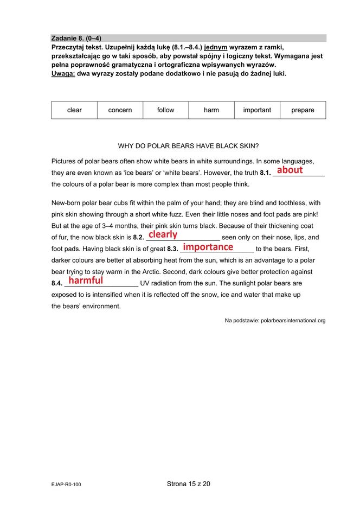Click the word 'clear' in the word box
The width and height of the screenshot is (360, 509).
[x=74, y=110]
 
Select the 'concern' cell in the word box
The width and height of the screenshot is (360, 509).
[x=120, y=110]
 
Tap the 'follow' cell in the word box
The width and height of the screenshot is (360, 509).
[x=165, y=110]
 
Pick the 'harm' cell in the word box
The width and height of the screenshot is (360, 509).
[x=211, y=110]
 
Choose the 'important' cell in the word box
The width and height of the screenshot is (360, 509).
[x=257, y=110]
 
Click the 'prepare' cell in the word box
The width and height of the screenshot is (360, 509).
[x=303, y=110]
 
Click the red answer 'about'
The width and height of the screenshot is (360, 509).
[x=290, y=170]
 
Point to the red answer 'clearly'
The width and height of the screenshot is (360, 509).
[x=163, y=234]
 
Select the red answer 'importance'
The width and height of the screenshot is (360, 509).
[x=208, y=247]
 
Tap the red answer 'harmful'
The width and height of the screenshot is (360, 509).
[x=86, y=281]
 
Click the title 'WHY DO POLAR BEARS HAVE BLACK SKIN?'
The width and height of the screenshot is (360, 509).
[x=188, y=146]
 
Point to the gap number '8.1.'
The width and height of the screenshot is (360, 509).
[x=265, y=173]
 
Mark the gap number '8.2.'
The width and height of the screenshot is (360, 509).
[x=138, y=238]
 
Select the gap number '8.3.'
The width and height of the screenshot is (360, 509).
[x=172, y=249]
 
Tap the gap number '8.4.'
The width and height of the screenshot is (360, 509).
[x=57, y=283]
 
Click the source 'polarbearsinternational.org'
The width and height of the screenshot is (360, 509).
[x=293, y=321]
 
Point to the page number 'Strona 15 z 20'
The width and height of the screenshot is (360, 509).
[x=188, y=484]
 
